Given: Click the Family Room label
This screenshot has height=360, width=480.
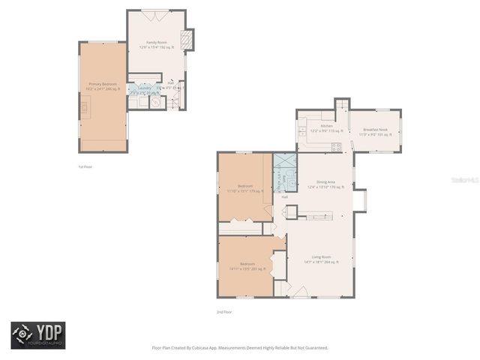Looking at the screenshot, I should [x=156, y=44].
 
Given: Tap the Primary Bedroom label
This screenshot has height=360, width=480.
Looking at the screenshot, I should [x=103, y=86].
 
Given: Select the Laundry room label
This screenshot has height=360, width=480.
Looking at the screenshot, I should [x=142, y=88].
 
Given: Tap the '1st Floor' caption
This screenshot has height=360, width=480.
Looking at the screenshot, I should [x=85, y=166].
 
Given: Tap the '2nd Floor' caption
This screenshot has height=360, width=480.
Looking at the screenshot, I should [x=224, y=311].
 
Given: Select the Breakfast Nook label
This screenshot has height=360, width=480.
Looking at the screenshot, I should [x=375, y=132].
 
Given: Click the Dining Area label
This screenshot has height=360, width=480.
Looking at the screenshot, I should [x=325, y=184].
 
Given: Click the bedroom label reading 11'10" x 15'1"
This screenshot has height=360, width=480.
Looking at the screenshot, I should [x=245, y=188].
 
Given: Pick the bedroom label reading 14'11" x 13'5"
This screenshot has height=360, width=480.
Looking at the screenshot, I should [x=247, y=266].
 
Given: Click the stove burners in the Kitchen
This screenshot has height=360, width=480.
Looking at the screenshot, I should [x=337, y=146].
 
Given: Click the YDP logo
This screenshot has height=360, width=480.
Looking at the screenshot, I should [x=38, y=335].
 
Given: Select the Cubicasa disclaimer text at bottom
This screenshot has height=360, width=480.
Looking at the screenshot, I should [x=240, y=347].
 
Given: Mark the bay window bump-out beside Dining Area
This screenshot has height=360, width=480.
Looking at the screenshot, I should [x=359, y=201].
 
